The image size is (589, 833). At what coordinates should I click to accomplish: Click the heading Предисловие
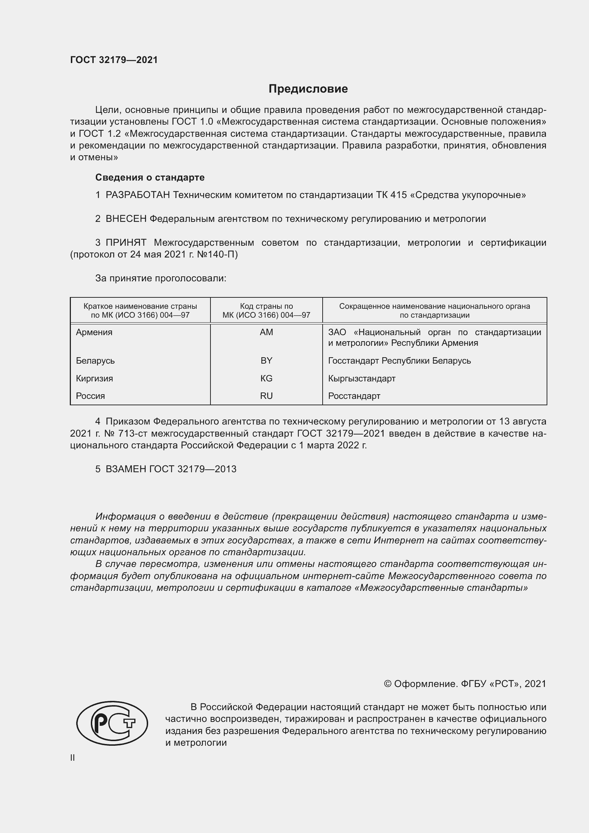tap(308, 89)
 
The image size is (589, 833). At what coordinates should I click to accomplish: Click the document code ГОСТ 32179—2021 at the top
tap(114, 60)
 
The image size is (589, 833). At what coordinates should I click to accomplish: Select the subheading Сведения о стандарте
tap(150, 177)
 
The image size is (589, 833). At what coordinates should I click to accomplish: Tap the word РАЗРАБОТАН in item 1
tap(138, 195)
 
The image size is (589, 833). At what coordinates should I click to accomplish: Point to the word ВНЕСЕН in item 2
tap(126, 219)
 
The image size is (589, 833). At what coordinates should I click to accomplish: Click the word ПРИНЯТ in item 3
tap(126, 243)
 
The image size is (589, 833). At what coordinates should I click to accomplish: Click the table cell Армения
tap(94, 332)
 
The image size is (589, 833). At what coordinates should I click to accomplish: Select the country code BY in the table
tap(266, 361)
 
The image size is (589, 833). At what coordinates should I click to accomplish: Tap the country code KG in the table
tap(266, 379)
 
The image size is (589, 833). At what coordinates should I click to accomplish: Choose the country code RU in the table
tap(266, 396)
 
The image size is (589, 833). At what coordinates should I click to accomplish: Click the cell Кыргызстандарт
tap(361, 379)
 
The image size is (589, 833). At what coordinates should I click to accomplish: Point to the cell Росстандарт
tap(354, 396)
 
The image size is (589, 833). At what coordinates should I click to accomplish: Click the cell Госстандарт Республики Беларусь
tap(399, 361)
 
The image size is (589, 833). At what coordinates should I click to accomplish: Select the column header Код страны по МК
tap(266, 311)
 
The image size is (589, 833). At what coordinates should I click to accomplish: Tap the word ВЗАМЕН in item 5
tap(126, 469)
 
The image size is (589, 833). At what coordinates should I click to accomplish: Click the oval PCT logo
tap(112, 723)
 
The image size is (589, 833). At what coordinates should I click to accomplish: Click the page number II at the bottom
tap(73, 758)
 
